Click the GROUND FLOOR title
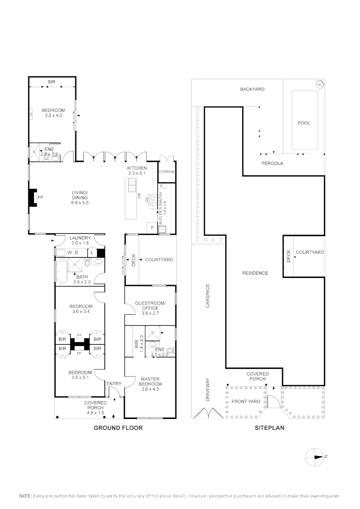coord(118,428)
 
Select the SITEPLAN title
coord(269,428)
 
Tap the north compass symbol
coord(315,457)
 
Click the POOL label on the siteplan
coord(304,123)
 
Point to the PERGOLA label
coord(271,164)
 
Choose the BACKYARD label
coord(252,89)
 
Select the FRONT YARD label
coord(246,402)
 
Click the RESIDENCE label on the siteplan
coord(255,273)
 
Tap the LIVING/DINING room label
coord(80,197)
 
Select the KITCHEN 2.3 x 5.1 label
coord(137,171)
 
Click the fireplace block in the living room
coord(32,197)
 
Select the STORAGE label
coord(167,172)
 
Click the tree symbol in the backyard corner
coord(319,85)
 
